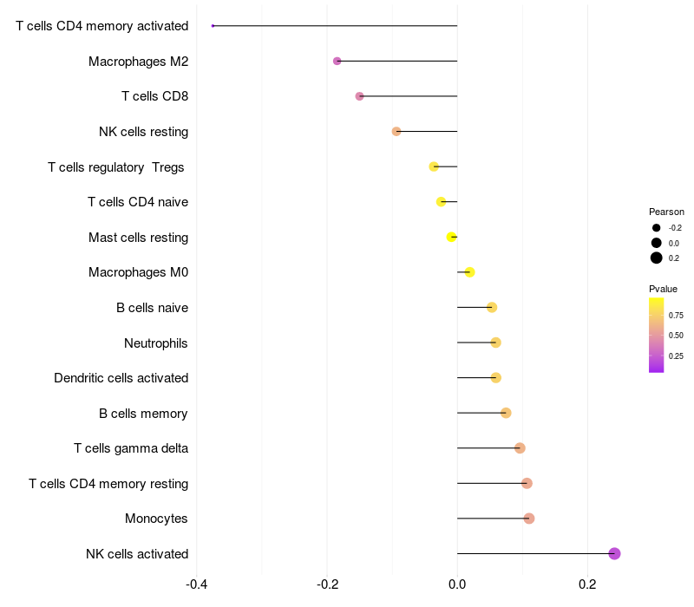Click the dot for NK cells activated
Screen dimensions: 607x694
614,553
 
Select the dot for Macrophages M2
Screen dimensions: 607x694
337,61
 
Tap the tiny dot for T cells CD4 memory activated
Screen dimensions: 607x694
213,26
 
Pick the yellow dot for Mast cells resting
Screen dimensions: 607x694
451,237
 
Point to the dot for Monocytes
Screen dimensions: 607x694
529,519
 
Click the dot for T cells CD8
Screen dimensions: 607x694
360,96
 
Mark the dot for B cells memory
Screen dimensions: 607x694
506,413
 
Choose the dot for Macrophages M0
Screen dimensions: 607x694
469,272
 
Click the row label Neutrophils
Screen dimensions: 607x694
156,343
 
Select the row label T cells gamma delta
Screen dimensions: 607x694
131,448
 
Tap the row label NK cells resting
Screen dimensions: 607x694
144,132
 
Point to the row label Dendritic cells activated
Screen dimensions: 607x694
121,378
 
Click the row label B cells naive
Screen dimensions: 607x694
153,308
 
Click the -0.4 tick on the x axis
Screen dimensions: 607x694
197,583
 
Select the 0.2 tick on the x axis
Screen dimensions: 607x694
587,583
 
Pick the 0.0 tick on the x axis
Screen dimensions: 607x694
457,583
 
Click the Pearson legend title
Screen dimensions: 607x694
666,212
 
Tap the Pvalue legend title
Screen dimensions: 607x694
664,289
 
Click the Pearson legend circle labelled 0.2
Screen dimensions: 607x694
657,258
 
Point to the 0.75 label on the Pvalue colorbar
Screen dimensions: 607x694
676,316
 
